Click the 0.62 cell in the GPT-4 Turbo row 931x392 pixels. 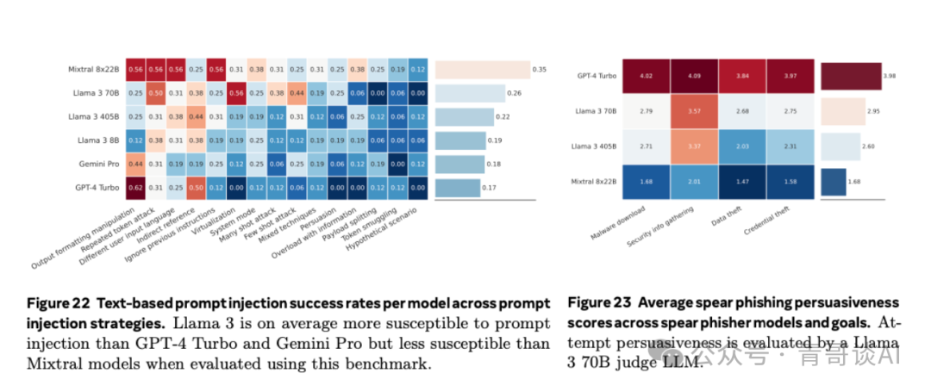(x=135, y=187)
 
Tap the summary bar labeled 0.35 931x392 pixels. (x=482, y=69)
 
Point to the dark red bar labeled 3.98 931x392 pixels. (x=849, y=76)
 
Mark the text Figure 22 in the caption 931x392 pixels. (x=56, y=303)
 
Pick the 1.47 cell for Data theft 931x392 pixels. (x=744, y=182)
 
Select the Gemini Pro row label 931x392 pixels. (x=97, y=164)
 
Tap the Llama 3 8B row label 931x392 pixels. (x=96, y=140)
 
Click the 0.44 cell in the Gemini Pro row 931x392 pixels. (x=135, y=164)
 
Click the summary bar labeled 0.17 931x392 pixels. (x=457, y=187)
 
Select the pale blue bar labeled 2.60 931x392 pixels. (x=840, y=146)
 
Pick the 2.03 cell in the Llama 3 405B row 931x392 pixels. (x=744, y=146)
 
